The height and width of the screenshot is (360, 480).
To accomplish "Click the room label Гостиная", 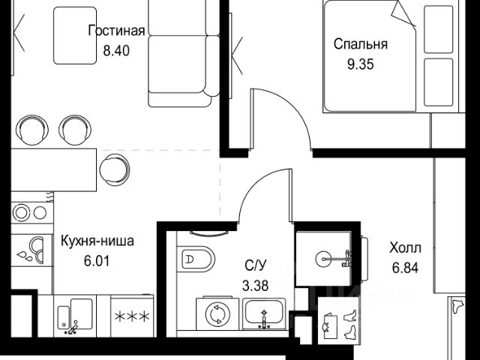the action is pos(116,31).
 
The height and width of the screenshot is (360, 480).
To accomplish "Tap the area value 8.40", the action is pos(116,50).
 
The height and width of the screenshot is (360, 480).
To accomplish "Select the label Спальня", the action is pos(360,44).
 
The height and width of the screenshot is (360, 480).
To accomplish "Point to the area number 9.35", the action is pos(361,64).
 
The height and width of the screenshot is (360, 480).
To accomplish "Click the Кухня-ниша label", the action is pos(97,241).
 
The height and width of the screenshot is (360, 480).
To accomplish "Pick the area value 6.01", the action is pos(97,261).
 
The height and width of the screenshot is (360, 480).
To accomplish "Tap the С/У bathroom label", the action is pos(256,265).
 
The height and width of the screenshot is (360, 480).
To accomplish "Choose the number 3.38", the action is pos(255,286).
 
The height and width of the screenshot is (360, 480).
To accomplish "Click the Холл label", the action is pos(405,247).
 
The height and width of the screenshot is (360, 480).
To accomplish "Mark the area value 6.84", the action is pos(405,268).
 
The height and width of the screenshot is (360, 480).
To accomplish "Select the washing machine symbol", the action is pos(217,313).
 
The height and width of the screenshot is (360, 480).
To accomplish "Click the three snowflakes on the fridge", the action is pos(132,316).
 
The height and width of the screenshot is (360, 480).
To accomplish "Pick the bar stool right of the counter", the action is pos(114,169).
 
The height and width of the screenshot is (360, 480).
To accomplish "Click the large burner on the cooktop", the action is pos(22,212).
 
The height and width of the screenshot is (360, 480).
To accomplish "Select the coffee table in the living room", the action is pos(75,36).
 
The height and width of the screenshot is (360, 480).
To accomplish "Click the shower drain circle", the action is pos(323,259).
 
